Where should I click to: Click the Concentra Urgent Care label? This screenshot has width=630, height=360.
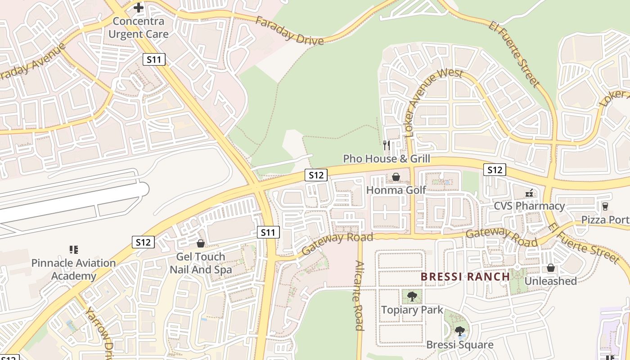tap(139, 27)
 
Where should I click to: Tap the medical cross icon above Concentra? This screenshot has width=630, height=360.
tap(139, 8)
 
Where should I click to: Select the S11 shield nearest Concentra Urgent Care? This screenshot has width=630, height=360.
tap(154, 59)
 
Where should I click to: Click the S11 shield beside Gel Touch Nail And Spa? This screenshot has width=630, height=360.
tap(268, 232)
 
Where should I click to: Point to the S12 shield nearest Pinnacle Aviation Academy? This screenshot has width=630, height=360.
tap(143, 242)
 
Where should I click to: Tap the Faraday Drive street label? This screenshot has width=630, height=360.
tap(289, 31)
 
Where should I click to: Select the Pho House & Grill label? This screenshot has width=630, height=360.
tap(387, 159)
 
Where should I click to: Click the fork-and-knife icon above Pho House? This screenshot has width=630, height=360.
tap(386, 145)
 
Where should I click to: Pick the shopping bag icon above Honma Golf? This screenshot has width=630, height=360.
tap(396, 177)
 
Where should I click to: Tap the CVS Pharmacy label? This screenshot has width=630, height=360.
tap(529, 206)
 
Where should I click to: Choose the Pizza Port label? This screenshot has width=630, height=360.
tap(605, 220)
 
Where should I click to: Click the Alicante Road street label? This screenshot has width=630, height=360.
tap(359, 295)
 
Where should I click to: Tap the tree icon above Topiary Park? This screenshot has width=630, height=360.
tap(412, 297)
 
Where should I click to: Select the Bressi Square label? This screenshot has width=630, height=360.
tap(459, 345)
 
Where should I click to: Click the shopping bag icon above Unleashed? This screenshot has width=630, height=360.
tap(551, 268)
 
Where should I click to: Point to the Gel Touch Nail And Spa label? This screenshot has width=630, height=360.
tap(201, 263)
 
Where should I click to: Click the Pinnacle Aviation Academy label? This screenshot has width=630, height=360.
tap(73, 269)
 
